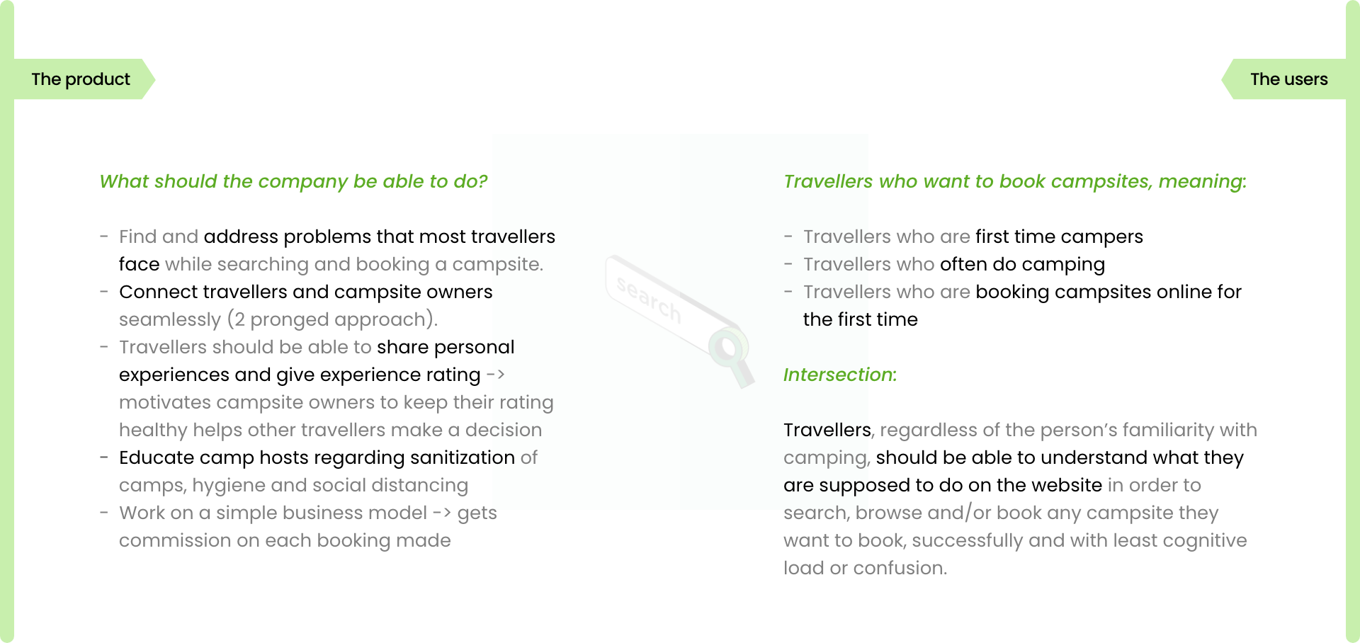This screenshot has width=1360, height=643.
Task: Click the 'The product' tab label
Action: pyautogui.click(x=81, y=79)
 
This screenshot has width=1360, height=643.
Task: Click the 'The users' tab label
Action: pyautogui.click(x=1289, y=79)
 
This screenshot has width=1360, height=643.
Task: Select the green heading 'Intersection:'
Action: pyautogui.click(x=840, y=375)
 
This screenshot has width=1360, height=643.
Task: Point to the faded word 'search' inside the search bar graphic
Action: pyautogui.click(x=649, y=299)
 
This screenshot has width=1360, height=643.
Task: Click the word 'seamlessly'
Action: pyautogui.click(x=170, y=320)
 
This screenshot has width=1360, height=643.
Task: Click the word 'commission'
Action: pyautogui.click(x=176, y=541)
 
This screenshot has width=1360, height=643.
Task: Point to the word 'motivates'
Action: pyautogui.click(x=165, y=403)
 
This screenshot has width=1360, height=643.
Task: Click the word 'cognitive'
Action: pyautogui.click(x=1205, y=541)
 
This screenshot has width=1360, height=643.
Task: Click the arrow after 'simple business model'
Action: pyautogui.click(x=442, y=513)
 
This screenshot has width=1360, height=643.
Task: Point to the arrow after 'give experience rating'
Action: pyautogui.click(x=496, y=375)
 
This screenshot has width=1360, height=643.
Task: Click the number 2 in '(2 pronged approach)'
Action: pyautogui.click(x=239, y=320)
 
